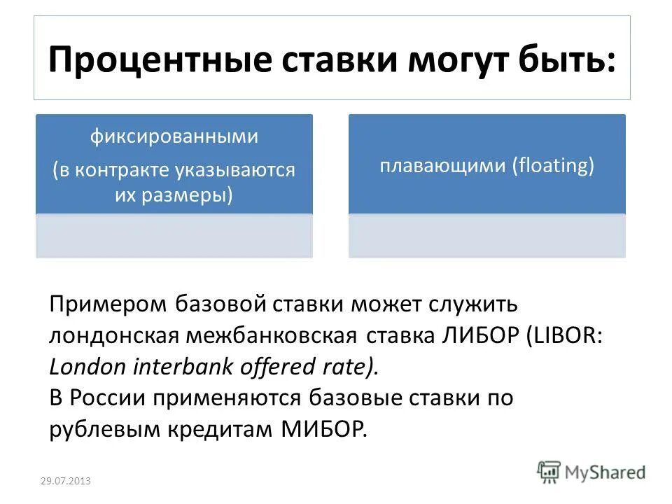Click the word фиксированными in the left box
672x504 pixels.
click(x=174, y=136)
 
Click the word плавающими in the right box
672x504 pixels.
click(x=443, y=166)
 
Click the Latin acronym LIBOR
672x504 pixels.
click(x=566, y=335)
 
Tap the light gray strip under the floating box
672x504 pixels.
click(x=486, y=236)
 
